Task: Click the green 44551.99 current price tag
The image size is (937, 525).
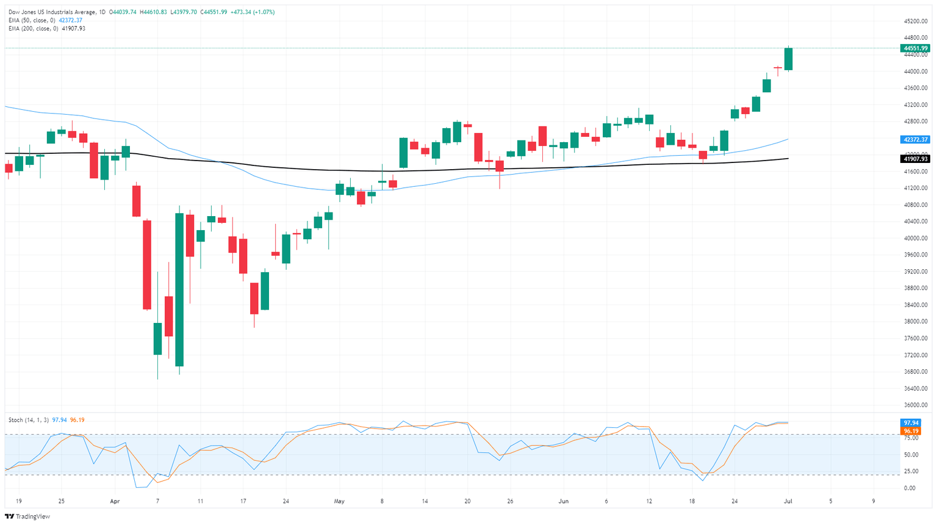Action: [916, 48]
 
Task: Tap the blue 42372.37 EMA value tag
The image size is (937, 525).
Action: [916, 140]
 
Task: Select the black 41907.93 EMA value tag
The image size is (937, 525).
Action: [916, 159]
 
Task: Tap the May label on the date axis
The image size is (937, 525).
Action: [339, 501]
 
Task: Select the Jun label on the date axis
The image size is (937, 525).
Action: [564, 501]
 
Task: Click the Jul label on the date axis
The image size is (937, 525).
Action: [788, 501]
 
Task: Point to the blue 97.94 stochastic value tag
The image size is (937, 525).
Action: [912, 423]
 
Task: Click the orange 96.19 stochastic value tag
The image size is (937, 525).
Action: [912, 431]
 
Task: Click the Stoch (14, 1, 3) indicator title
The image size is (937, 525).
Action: [29, 420]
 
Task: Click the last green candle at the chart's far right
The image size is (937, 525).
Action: [788, 59]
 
